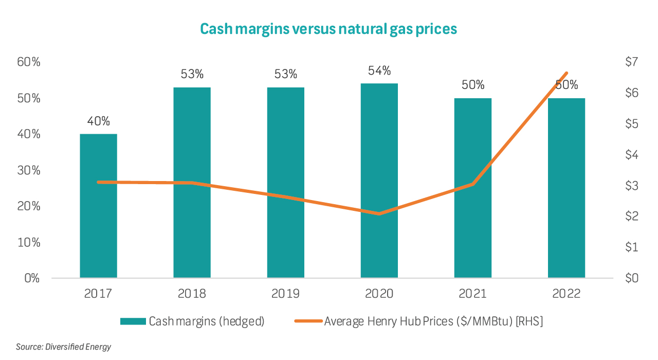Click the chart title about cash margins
(x=328, y=29)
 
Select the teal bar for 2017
(x=98, y=206)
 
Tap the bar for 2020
(x=379, y=180)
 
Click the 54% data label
(x=379, y=70)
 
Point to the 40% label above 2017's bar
(x=98, y=121)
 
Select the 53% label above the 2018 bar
(x=192, y=74)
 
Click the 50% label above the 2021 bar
(x=472, y=85)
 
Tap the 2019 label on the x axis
(x=285, y=294)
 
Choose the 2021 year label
(x=472, y=294)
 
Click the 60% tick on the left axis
(x=29, y=62)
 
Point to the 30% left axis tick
(x=29, y=170)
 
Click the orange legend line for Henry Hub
(x=307, y=321)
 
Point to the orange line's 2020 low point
(x=379, y=213)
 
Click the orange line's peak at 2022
(x=566, y=73)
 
